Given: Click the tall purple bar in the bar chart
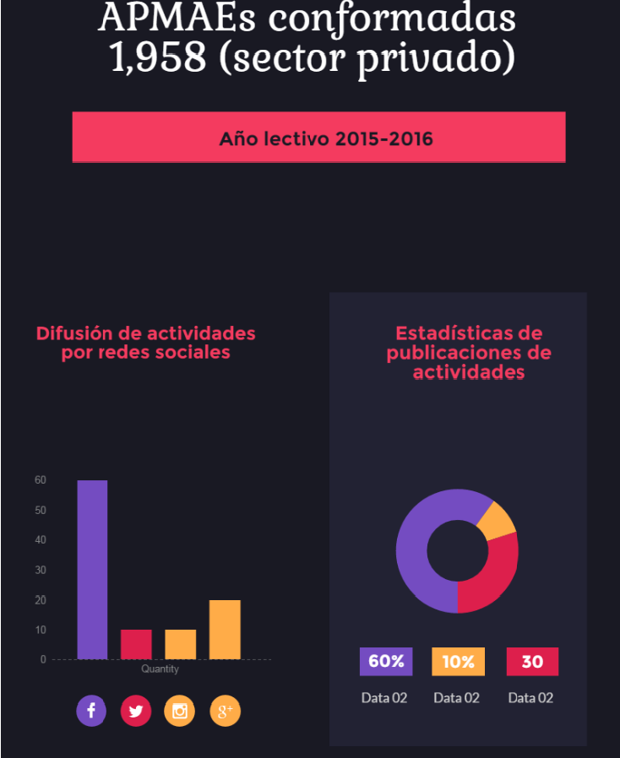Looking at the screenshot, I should (92, 570).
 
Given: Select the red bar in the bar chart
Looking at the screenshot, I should (136, 644).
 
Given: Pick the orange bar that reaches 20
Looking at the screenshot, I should (225, 629).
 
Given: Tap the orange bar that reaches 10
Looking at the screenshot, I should (180, 644).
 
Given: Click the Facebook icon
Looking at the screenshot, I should (91, 711).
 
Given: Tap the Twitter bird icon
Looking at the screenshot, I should (136, 711).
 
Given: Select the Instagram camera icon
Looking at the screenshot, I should (180, 711).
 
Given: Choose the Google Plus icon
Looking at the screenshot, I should (225, 711).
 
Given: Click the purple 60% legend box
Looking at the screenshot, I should (385, 662).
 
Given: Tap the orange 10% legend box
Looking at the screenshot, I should (458, 662).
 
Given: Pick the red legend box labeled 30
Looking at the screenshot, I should (532, 662).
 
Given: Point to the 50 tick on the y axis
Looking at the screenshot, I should (41, 510).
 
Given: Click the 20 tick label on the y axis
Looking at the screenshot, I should (41, 600).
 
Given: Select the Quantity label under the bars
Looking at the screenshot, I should (160, 669).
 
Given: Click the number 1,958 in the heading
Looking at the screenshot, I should (159, 57).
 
